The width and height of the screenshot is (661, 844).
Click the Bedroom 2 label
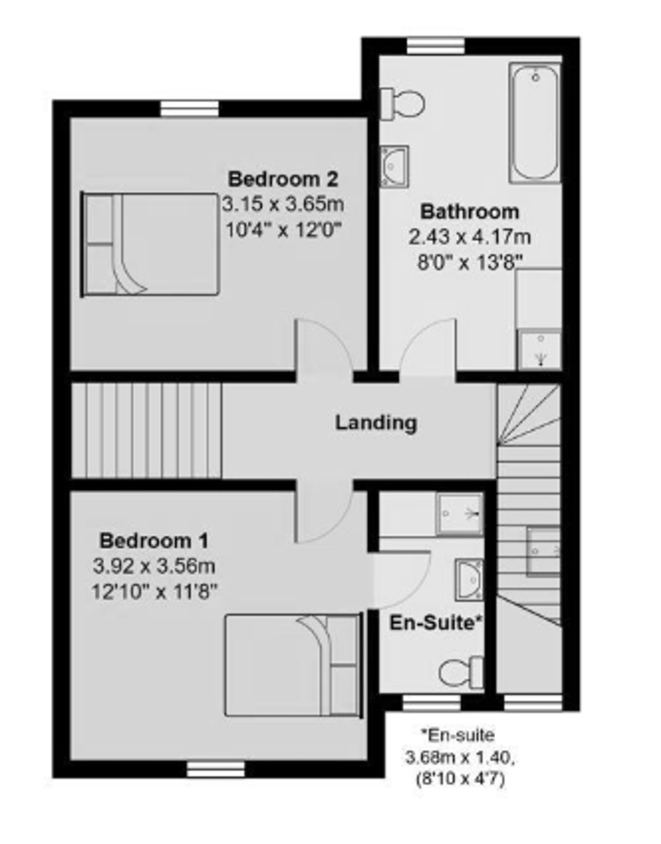(283, 180)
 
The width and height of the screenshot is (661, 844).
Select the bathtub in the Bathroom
(535, 123)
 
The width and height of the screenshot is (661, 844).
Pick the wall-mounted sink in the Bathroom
(394, 167)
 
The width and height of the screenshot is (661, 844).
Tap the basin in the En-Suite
(469, 580)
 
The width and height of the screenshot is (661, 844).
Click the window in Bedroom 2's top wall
(189, 109)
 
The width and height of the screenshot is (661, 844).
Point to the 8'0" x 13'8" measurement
(469, 263)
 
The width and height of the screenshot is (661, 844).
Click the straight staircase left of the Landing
(147, 430)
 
